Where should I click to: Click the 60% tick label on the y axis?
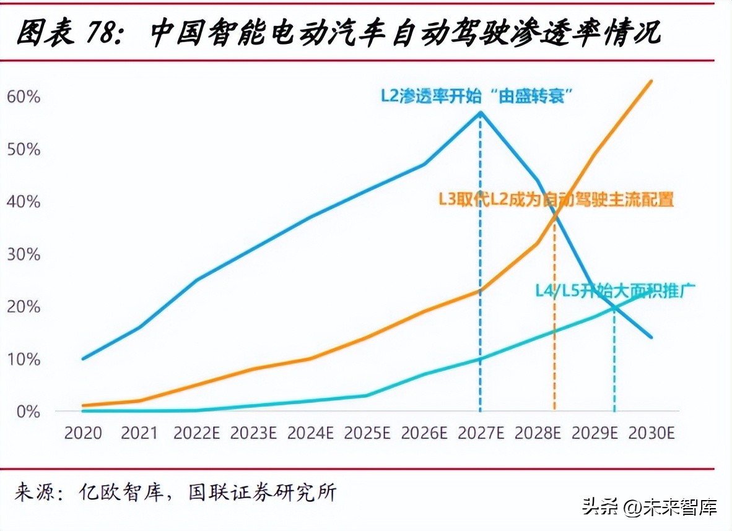tap(24, 97)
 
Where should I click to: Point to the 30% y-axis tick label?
tap(24, 254)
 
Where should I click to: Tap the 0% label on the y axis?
tap(27, 412)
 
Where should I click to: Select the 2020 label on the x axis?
tap(83, 433)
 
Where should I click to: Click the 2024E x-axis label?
tap(311, 433)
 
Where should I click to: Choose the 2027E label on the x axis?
tap(481, 433)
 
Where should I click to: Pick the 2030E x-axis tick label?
tap(651, 433)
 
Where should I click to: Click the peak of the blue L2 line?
tap(481, 112)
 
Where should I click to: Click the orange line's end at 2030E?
tap(651, 80)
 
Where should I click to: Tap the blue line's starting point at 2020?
tap(83, 358)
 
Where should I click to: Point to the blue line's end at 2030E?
tap(651, 337)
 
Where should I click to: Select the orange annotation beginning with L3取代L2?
tap(556, 200)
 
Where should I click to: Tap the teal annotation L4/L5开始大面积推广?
tap(616, 290)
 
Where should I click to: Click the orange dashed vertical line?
tap(554, 322)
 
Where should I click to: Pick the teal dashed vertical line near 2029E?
tap(614, 365)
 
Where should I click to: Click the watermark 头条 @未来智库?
tap(650, 507)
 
